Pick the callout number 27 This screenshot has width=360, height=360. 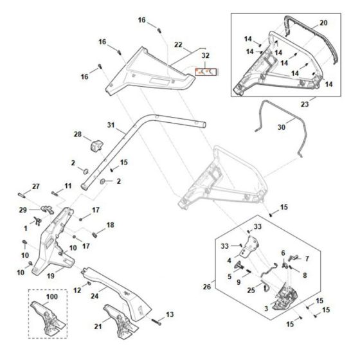(x=36, y=186)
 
